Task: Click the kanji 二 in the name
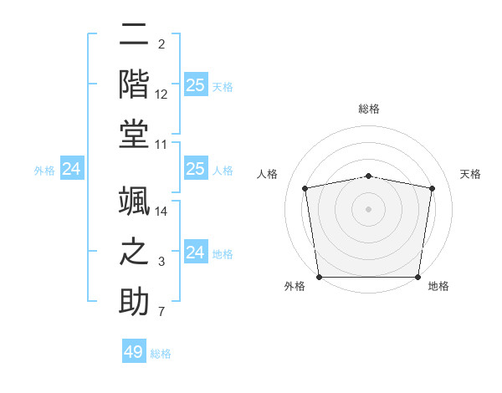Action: tap(135, 36)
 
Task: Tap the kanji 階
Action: tap(135, 84)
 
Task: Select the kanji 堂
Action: tap(135, 134)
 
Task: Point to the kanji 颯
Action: tap(135, 201)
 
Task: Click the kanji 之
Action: tap(135, 251)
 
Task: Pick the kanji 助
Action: tap(135, 301)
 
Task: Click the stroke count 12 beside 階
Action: tap(161, 94)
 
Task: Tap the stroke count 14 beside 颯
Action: tap(161, 212)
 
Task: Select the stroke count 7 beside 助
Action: tap(161, 313)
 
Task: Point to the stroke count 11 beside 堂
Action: tap(161, 145)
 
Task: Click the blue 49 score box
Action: tap(134, 352)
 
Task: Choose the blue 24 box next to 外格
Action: tap(71, 170)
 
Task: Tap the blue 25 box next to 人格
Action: tap(195, 170)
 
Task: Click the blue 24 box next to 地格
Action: tap(195, 253)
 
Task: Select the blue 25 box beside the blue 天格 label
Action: tap(195, 85)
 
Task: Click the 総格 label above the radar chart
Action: tap(369, 109)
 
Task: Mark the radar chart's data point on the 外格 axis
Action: tap(319, 277)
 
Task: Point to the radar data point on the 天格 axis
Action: tap(433, 188)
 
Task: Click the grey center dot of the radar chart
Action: tap(369, 208)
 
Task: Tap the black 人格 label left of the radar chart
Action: tap(269, 174)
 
